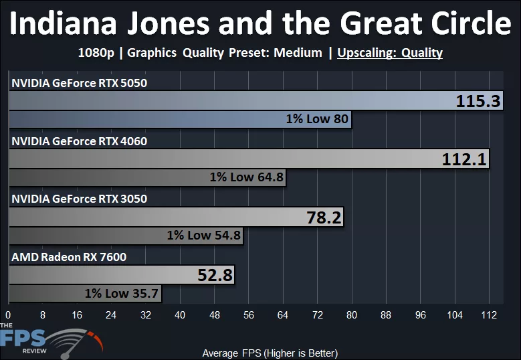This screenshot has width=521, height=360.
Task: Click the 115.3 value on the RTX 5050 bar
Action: click(x=478, y=102)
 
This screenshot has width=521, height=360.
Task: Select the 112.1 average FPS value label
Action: click(x=465, y=159)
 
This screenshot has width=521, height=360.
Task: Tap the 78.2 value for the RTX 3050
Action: click(x=319, y=217)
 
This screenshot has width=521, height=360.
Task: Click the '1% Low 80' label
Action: click(x=317, y=120)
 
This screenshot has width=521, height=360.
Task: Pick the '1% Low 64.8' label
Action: click(x=247, y=177)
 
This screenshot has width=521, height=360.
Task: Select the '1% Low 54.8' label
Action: click(x=204, y=236)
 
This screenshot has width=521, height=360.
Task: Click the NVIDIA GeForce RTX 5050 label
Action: click(x=79, y=83)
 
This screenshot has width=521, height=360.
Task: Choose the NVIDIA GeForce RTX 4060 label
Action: click(x=79, y=141)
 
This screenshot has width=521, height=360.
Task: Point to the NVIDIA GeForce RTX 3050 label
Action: click(x=79, y=199)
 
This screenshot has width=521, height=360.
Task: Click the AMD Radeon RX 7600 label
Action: click(x=69, y=256)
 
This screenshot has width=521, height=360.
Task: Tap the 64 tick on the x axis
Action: click(x=282, y=314)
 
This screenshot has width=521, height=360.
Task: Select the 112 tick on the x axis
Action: click(x=488, y=314)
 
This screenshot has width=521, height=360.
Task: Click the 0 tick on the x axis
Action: click(x=8, y=314)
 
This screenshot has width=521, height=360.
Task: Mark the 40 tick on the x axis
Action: click(x=179, y=314)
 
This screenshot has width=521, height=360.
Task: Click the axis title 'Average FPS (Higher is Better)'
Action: click(x=270, y=353)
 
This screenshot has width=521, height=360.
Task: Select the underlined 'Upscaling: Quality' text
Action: click(x=390, y=53)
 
